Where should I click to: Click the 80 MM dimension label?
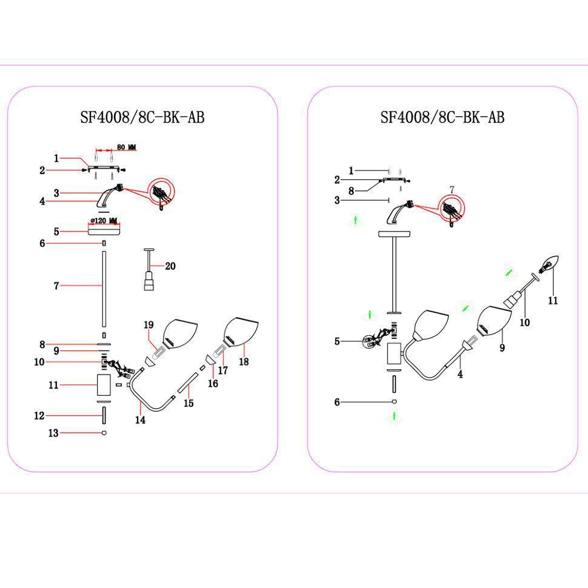point(126,147)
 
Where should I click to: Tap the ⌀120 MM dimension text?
point(104,221)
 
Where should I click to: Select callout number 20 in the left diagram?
point(170,266)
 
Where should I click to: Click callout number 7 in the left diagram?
point(56,286)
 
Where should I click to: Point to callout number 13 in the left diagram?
point(53,433)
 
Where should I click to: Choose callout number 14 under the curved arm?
point(140,419)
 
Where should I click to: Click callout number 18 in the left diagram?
point(244,361)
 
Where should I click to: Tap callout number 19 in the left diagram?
point(149,325)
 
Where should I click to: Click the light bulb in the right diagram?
point(549,264)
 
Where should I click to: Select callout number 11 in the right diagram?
point(553,301)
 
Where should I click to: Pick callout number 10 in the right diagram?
point(524,322)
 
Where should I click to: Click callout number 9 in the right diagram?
point(502,347)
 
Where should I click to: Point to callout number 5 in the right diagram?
point(337,341)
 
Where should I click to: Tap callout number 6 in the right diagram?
point(337,402)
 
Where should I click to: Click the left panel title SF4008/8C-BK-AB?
point(142,117)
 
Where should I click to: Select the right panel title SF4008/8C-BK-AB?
point(443,117)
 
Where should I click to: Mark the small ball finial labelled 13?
point(104,433)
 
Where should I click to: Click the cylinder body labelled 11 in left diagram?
point(104,385)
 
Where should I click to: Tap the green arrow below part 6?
point(394,416)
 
